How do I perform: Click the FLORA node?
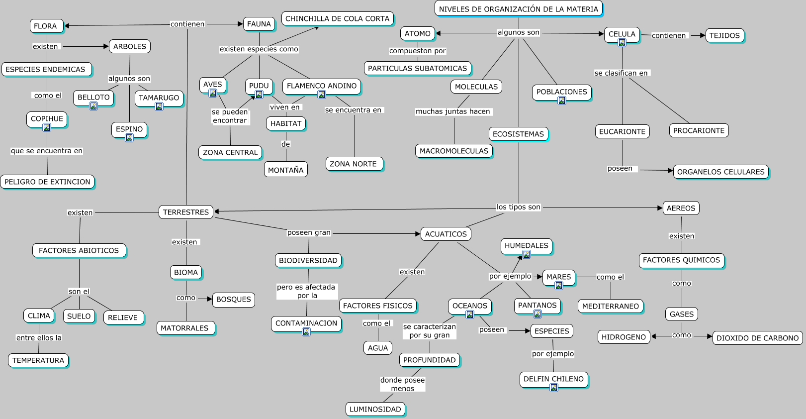click(46, 26)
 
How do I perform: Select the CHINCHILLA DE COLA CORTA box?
click(338, 18)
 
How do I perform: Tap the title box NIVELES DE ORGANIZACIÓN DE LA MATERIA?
click(519, 9)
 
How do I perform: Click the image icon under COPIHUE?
click(47, 127)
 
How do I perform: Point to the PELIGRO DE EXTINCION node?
click(47, 182)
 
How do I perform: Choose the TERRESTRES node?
click(186, 212)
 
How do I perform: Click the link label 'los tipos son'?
click(518, 207)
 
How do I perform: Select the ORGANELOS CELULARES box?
click(720, 172)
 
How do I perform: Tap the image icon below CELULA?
click(622, 43)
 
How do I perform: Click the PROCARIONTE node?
click(699, 130)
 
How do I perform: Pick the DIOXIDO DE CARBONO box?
click(757, 338)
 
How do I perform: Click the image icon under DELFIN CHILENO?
click(553, 388)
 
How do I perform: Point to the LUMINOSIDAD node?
click(375, 409)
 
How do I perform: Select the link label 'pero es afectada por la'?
click(306, 291)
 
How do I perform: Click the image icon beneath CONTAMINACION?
click(306, 332)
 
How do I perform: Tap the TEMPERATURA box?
click(38, 360)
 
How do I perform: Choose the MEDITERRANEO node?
click(610, 306)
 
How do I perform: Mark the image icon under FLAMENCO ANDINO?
click(322, 95)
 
